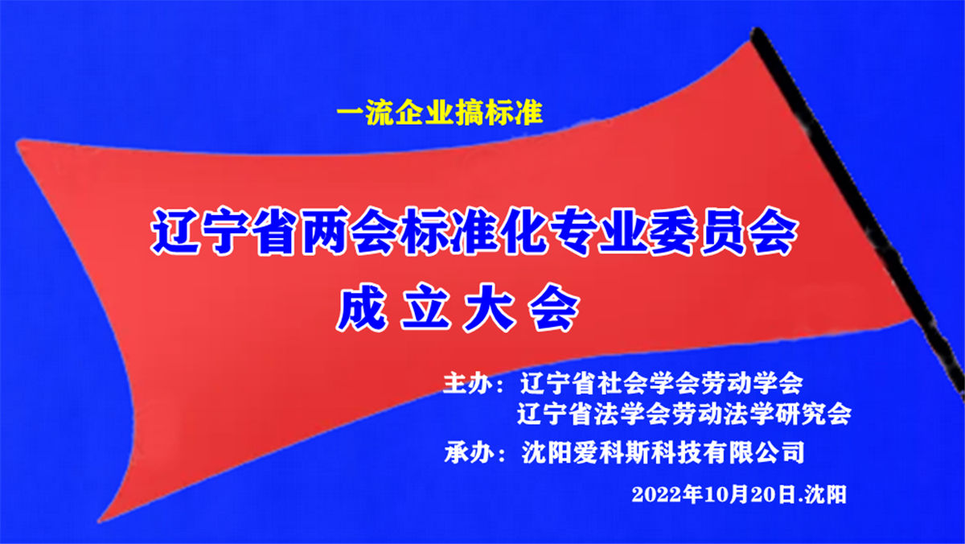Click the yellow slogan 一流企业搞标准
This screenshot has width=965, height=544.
[x=439, y=113]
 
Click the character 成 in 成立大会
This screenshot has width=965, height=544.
[x=361, y=307]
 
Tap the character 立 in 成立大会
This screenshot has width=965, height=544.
[x=425, y=307]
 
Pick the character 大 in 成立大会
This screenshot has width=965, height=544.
[x=490, y=307]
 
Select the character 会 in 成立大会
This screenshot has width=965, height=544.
[x=554, y=307]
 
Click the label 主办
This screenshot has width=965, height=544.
[x=469, y=382]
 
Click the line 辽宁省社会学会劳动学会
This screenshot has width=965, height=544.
[x=662, y=382]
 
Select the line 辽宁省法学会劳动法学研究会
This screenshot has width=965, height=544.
[x=684, y=414]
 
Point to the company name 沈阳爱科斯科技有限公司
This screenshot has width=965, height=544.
[x=663, y=452]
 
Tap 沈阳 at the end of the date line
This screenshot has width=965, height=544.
[x=826, y=494]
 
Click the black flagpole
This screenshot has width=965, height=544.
[x=857, y=207]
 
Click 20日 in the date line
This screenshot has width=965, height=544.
[x=773, y=494]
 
